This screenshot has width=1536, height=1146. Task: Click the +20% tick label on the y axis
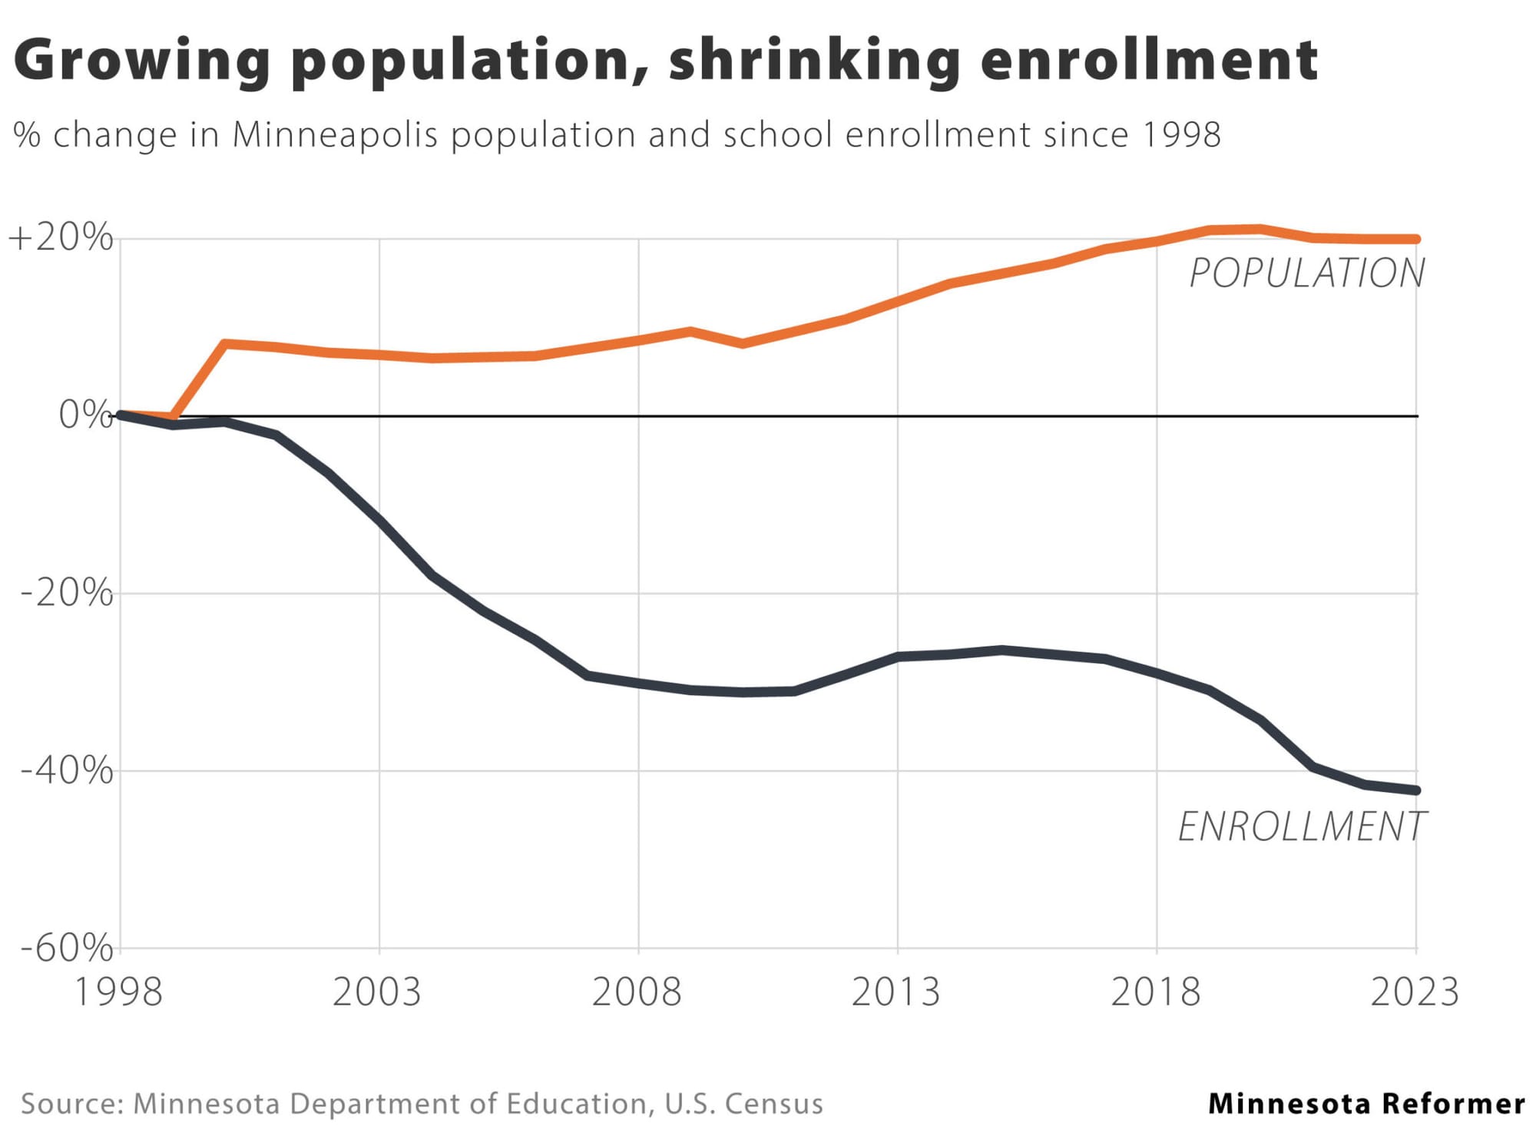61,238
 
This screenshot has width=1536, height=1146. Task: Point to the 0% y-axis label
85,416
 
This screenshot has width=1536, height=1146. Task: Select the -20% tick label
67,593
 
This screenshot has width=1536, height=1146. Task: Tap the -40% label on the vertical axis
67,770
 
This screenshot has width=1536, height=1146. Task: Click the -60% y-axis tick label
67,949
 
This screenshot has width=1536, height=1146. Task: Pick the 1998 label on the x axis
118,992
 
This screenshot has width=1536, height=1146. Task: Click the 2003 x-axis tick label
377,992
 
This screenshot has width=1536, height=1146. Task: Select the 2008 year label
637,992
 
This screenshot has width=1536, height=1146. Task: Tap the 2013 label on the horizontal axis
895,992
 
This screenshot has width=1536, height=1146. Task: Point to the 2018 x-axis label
1155,992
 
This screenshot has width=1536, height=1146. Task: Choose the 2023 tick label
1415,992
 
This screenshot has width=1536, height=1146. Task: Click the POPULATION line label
1307,273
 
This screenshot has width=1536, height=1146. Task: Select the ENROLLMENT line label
1303,827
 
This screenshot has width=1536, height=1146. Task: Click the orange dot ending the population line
1416,239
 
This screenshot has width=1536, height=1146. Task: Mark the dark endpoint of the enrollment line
1416,790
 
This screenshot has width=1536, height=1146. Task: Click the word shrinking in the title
814,61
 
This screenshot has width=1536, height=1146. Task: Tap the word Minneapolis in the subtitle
335,135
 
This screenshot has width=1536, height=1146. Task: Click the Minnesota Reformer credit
1366,1104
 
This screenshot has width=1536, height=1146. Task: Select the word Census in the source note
773,1104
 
